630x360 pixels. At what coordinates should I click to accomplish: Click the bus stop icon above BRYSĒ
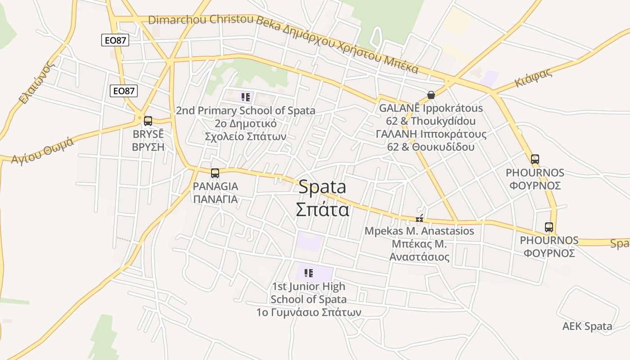tap(148, 121)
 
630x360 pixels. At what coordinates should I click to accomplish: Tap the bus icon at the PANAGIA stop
tap(215, 173)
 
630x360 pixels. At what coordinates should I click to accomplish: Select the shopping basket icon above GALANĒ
tap(431, 95)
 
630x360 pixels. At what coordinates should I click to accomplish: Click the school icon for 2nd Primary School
tap(246, 97)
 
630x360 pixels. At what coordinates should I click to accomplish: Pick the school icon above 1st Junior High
tap(309, 273)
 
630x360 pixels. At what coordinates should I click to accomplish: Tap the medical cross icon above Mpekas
tap(419, 219)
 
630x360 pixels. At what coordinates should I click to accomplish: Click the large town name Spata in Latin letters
tap(322, 187)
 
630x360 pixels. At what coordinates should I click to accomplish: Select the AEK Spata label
tap(587, 326)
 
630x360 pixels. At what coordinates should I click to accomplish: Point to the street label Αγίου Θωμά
tap(42, 152)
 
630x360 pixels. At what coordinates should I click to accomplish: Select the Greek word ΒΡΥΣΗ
tap(148, 147)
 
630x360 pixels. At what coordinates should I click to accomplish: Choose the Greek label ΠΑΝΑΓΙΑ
tap(215, 199)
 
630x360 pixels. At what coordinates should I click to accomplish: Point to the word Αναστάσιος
tap(419, 257)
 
